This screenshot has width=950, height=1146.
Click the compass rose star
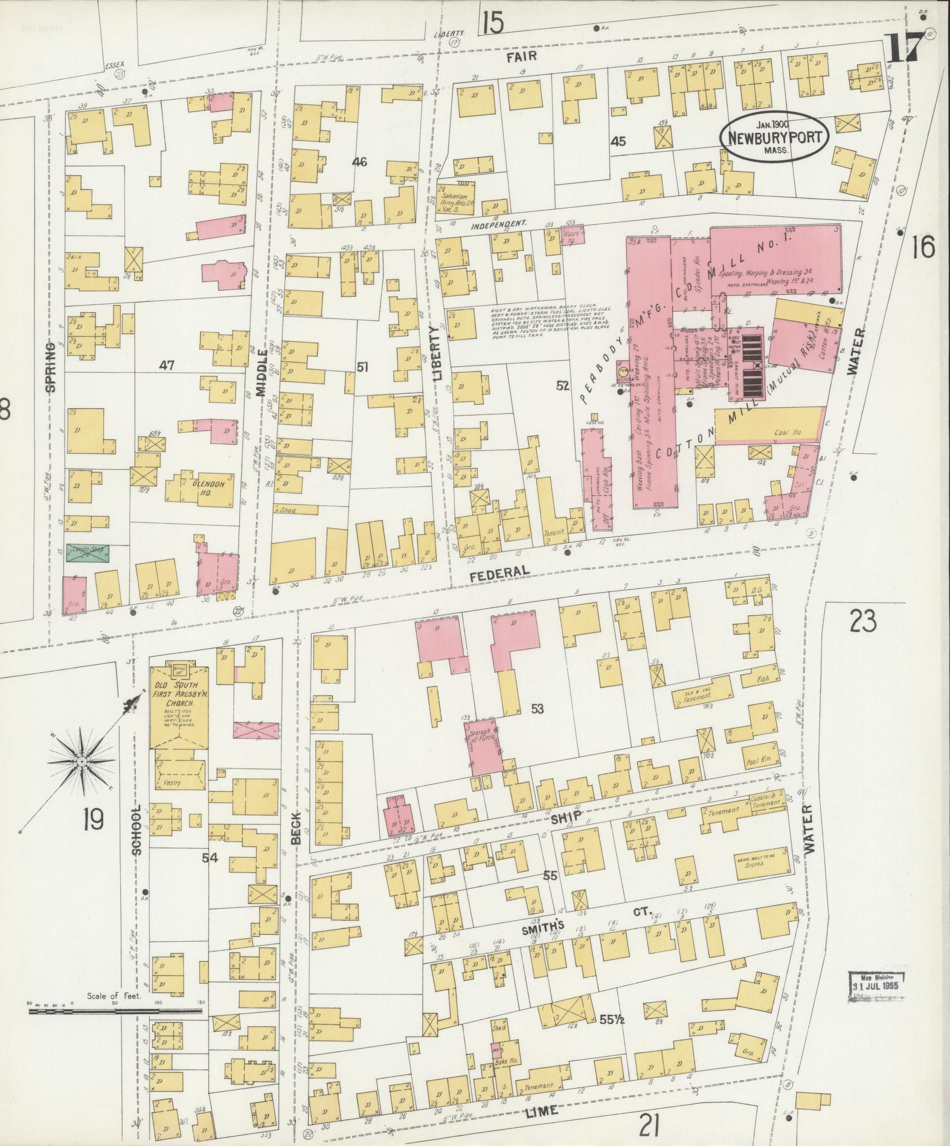click(x=81, y=762)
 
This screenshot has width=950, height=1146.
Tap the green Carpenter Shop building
click(x=87, y=556)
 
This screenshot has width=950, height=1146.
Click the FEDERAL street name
click(x=500, y=571)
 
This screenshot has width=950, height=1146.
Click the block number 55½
click(x=612, y=1020)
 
